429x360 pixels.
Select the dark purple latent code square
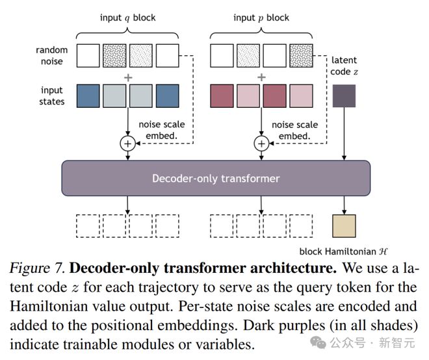coord(343,96)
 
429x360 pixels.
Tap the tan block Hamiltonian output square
coord(343,225)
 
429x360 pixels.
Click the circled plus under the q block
coord(128,144)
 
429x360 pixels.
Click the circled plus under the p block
coord(262,144)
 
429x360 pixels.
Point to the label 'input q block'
coord(127,18)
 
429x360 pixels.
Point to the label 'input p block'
coord(261,18)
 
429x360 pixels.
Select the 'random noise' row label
coord(52,56)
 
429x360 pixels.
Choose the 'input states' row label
coord(52,96)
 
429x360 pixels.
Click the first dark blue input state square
coord(89,96)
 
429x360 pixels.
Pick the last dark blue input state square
coord(167,96)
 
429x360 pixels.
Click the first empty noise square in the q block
coord(89,56)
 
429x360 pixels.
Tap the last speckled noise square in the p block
coord(301,56)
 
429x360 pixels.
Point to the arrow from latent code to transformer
coord(343,133)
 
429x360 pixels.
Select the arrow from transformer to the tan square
coord(343,204)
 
